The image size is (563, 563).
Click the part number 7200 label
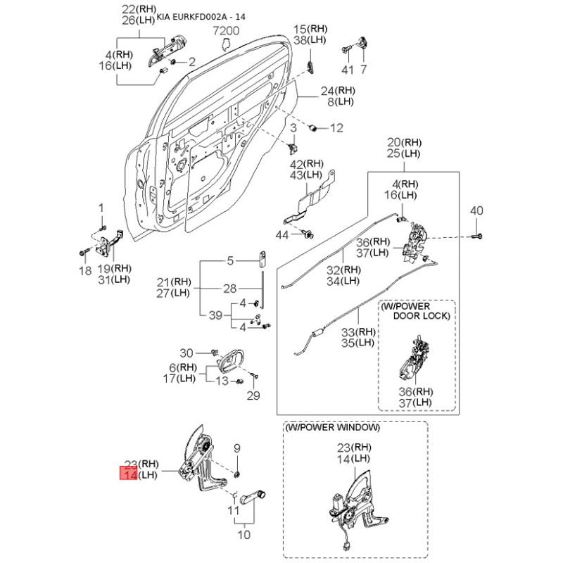pyautogui.click(x=226, y=31)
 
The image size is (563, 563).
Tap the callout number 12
pyautogui.click(x=336, y=128)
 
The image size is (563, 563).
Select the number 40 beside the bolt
pyautogui.click(x=476, y=210)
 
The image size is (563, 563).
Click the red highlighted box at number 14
pyautogui.click(x=128, y=473)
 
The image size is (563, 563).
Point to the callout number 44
pyautogui.click(x=282, y=235)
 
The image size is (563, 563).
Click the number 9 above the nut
pyautogui.click(x=236, y=448)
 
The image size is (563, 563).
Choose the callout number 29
pyautogui.click(x=253, y=396)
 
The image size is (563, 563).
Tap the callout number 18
pyautogui.click(x=85, y=271)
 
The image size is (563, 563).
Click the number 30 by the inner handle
pyautogui.click(x=186, y=353)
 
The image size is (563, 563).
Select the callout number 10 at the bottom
pyautogui.click(x=243, y=535)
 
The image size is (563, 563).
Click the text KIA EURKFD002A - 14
pyautogui.click(x=201, y=17)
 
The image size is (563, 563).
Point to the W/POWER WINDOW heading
pyautogui.click(x=332, y=427)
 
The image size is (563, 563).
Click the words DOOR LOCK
pyautogui.click(x=422, y=316)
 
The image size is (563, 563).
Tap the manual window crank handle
pyautogui.click(x=253, y=498)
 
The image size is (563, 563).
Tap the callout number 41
pyautogui.click(x=348, y=70)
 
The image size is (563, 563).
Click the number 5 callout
pyautogui.click(x=230, y=260)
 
